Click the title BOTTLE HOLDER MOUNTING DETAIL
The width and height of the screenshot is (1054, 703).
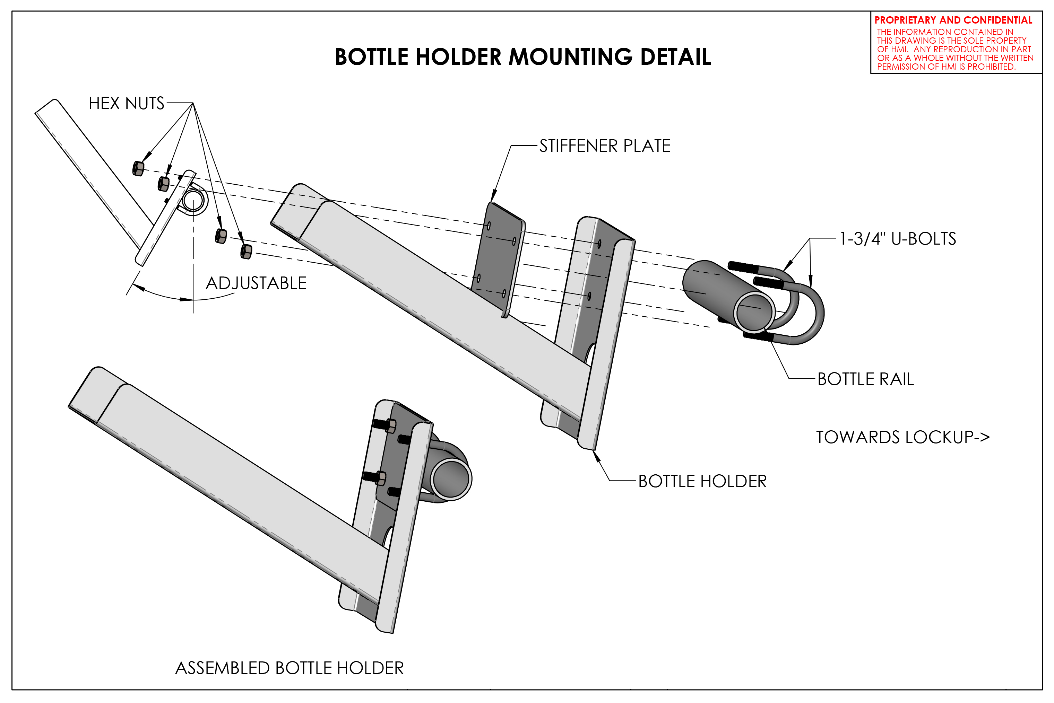[x=522, y=57]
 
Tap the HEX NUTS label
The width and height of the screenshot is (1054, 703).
[x=127, y=103]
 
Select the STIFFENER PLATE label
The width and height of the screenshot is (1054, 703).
[x=605, y=146]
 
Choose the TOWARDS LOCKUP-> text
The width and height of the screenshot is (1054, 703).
[x=902, y=437]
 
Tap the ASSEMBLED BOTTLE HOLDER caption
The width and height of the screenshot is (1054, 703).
[x=289, y=668]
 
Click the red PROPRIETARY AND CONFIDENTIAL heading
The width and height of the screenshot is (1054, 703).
[x=953, y=20]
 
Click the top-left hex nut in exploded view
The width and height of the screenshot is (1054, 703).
[x=138, y=169]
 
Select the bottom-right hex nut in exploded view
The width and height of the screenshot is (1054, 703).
[x=246, y=252]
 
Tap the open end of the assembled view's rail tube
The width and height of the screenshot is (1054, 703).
[x=451, y=479]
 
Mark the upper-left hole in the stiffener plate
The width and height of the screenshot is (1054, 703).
[x=489, y=226]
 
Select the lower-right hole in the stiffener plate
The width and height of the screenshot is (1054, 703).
[x=504, y=294]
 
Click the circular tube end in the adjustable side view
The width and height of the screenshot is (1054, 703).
[x=193, y=200]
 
